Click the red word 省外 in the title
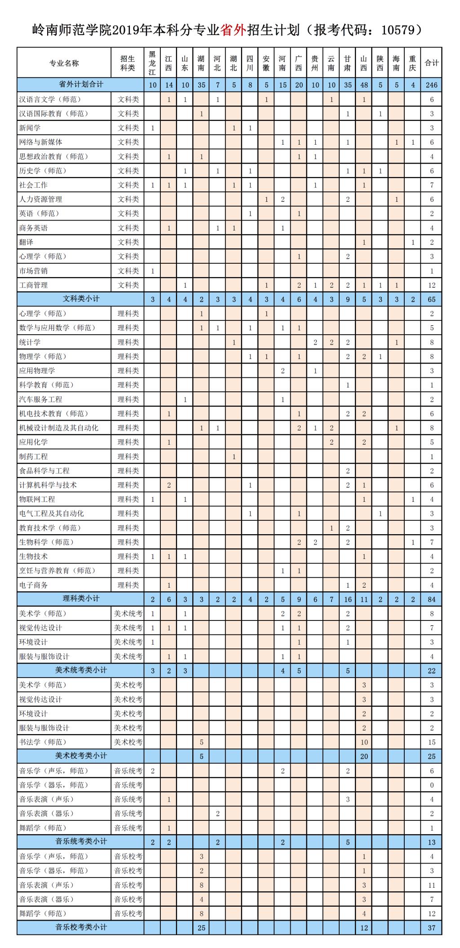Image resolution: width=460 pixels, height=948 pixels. (x=233, y=30)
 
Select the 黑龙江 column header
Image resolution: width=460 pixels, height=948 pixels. (x=153, y=63)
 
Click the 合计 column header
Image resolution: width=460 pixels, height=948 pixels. (x=432, y=63)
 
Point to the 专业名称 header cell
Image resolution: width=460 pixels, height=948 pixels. (x=64, y=63)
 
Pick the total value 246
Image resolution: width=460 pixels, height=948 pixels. (x=432, y=85)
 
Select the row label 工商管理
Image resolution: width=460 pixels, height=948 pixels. (x=34, y=285)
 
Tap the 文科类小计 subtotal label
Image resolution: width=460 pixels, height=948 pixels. (x=81, y=299)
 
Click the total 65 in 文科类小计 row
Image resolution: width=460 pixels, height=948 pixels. (x=432, y=299)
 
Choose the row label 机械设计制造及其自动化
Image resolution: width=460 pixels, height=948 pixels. (x=58, y=428)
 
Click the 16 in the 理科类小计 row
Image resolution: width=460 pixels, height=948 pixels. (x=348, y=599)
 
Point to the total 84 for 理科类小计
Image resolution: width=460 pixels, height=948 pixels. (x=432, y=599)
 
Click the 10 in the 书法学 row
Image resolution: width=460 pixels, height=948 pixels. (x=364, y=742)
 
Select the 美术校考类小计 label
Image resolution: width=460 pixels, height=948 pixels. (x=81, y=756)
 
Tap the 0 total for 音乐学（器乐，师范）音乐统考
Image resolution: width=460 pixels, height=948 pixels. (x=432, y=785)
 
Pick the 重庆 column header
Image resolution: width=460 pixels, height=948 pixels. (x=413, y=63)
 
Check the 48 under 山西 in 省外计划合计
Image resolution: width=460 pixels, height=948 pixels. (x=364, y=85)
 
